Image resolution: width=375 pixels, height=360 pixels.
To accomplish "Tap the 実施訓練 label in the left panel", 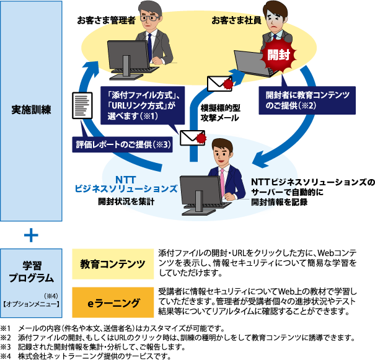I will click(31, 110).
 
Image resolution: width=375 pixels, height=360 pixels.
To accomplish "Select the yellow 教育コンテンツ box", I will click(113, 265).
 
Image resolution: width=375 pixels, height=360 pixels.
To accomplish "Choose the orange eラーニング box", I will click(113, 303).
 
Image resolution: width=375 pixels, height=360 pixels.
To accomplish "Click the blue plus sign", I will click(31, 235).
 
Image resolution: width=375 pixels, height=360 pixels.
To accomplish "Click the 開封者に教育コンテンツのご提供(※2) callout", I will click(307, 100).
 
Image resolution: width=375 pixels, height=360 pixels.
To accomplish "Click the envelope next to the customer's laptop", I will click(219, 82).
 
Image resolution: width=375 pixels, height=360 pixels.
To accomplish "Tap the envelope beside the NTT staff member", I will click(192, 138).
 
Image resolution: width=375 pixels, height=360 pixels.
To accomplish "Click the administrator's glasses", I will click(149, 18).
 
